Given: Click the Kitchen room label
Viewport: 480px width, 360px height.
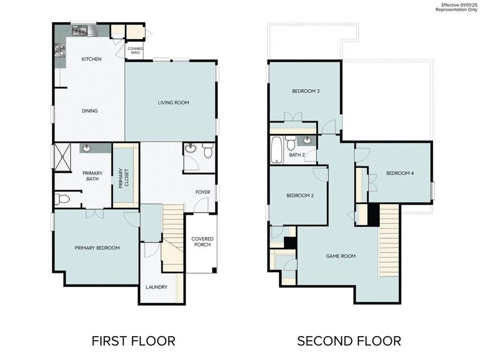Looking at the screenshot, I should [91, 59].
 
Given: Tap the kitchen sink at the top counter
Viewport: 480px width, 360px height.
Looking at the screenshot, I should [80, 30].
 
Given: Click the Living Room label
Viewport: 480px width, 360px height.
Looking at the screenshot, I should [173, 103].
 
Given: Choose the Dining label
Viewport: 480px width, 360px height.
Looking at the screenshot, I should [90, 110].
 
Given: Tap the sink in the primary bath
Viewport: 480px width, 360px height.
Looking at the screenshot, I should [87, 148].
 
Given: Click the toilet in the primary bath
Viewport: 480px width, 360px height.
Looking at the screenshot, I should [62, 199].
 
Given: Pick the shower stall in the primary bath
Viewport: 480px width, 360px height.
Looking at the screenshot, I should [62, 157].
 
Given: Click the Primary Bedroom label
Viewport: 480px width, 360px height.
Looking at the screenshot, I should [97, 248].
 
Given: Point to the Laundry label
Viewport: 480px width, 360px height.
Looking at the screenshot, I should [156, 287].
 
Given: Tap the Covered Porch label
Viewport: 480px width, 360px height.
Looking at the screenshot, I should [202, 242].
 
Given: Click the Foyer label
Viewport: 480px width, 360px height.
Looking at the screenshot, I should [202, 192].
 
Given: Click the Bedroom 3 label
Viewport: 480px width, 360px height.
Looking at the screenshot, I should [305, 91].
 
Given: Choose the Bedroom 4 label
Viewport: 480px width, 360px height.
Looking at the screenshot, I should [400, 173].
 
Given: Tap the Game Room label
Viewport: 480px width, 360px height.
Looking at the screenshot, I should [340, 256].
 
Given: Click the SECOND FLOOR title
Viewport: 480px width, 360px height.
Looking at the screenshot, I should [349, 341].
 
